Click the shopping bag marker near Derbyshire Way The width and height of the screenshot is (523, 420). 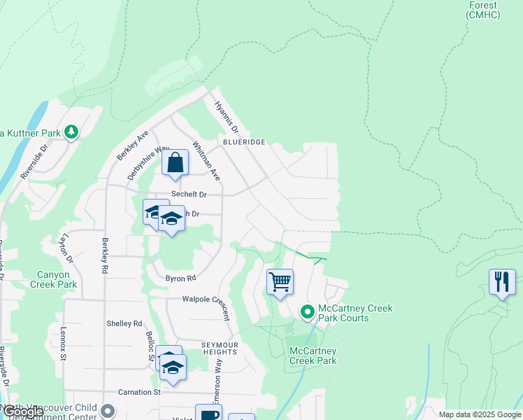click(x=176, y=163)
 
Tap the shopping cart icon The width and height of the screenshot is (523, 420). click(x=280, y=282)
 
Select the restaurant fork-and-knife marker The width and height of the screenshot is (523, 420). click(x=501, y=281)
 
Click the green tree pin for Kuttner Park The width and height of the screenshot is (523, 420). click(x=71, y=132)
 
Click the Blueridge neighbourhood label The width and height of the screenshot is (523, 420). click(x=244, y=141)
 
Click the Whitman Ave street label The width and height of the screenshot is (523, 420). click(x=206, y=161)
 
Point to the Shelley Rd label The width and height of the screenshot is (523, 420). click(x=124, y=323)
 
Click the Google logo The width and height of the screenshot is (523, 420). click(x=22, y=412)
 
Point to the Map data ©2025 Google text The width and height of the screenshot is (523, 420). click(x=479, y=414)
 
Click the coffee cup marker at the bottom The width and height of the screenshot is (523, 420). click(x=208, y=414)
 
